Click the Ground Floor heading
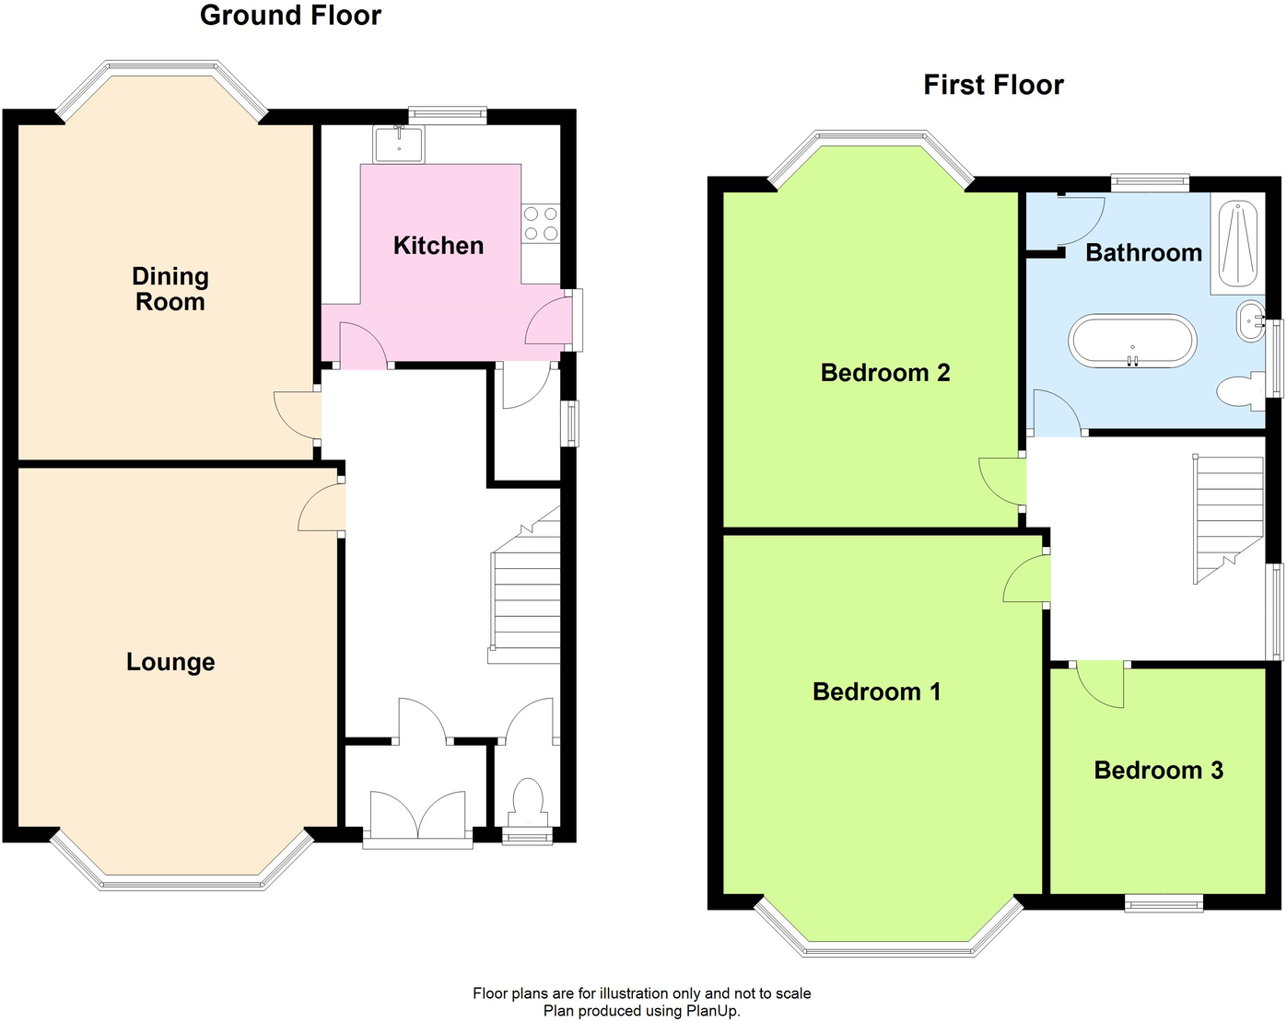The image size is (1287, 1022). pyautogui.click(x=290, y=16)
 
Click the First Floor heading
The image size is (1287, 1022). pyautogui.click(x=993, y=86)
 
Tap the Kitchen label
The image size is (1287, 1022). pyautogui.click(x=439, y=246)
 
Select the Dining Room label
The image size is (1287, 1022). pyautogui.click(x=170, y=289)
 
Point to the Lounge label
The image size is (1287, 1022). pyautogui.click(x=170, y=662)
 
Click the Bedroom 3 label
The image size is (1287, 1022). pyautogui.click(x=1158, y=771)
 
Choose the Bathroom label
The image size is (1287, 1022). pyautogui.click(x=1143, y=253)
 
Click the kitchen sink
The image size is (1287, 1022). pyautogui.click(x=399, y=145)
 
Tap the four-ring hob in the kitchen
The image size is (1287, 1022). pyautogui.click(x=541, y=224)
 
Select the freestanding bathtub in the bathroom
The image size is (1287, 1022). pyautogui.click(x=1132, y=342)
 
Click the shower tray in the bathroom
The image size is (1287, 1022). pyautogui.click(x=1237, y=245)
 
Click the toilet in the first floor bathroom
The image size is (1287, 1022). pyautogui.click(x=1240, y=391)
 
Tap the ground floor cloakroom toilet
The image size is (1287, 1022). pyautogui.click(x=527, y=800)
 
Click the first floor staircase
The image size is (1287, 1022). pyautogui.click(x=1228, y=516)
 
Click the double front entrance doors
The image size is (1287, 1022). pyautogui.click(x=418, y=814)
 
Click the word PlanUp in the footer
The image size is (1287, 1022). pyautogui.click(x=712, y=1011)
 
